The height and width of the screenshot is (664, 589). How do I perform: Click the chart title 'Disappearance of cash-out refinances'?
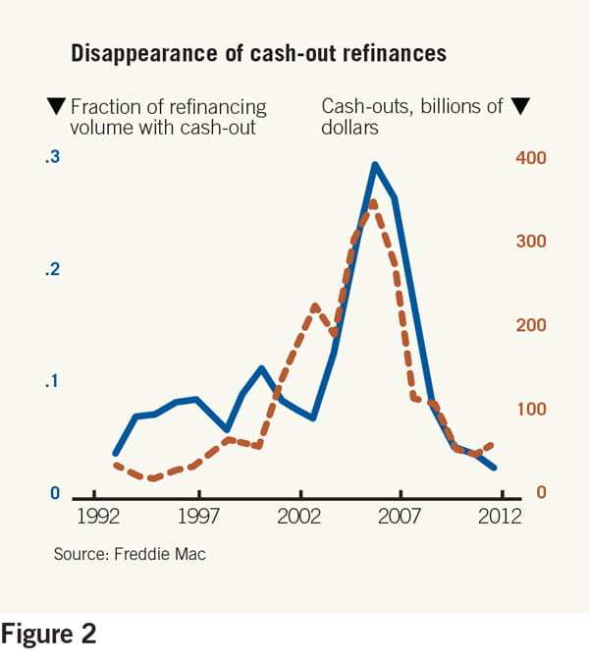click(x=258, y=53)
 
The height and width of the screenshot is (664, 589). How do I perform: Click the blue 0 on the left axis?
click(x=56, y=493)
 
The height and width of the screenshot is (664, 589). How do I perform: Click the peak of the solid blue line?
click(x=374, y=164)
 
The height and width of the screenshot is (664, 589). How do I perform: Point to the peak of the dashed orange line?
click(x=373, y=202)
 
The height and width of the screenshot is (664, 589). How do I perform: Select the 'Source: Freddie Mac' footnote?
click(x=130, y=554)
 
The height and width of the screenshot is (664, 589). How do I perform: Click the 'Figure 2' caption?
click(x=49, y=635)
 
